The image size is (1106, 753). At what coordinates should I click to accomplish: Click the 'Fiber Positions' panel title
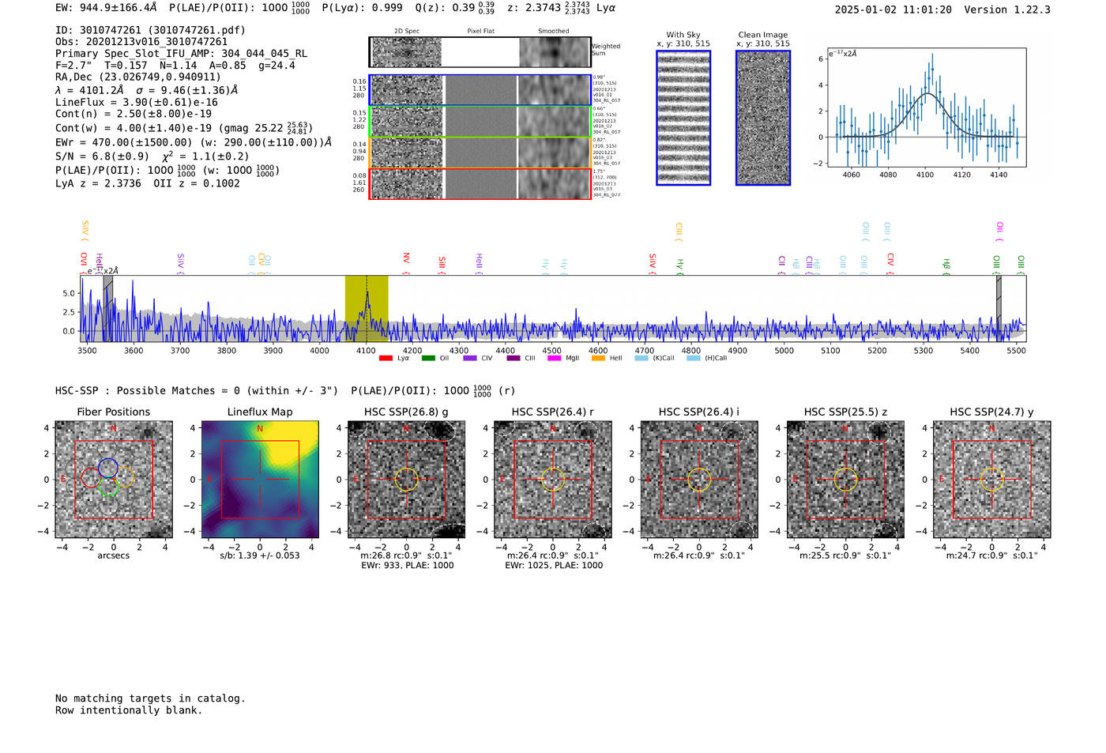coord(113,412)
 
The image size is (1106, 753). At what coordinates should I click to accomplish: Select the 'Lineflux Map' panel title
coord(259,412)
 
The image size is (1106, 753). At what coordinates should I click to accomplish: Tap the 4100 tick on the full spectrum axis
coord(366,350)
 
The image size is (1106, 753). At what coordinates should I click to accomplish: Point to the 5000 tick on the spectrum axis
coord(784,350)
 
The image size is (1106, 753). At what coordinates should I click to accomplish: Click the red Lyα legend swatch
coord(386,358)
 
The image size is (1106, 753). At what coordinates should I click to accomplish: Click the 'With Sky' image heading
coord(683,35)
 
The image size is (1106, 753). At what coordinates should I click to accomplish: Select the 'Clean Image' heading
coord(762,35)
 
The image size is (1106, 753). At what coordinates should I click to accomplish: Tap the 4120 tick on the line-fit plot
coord(961,175)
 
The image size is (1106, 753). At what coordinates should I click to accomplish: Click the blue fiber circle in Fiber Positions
coord(109,466)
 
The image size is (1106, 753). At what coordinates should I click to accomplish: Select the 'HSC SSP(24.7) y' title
coord(991,412)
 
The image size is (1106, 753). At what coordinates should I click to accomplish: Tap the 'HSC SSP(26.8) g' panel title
coord(406,412)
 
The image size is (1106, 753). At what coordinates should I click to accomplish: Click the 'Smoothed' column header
coord(553,31)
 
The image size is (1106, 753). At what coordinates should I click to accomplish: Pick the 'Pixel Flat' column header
coord(480,31)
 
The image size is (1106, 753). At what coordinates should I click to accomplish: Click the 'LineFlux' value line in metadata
coord(136,102)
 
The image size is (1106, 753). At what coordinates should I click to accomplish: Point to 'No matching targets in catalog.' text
coord(150,698)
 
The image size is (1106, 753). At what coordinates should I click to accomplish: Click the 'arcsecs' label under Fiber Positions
coord(113,555)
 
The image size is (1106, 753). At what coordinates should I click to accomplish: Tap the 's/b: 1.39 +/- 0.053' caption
coord(259,555)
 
